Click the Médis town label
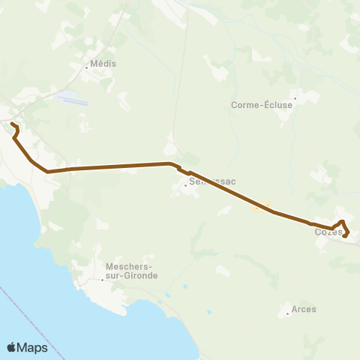pyautogui.click(x=103, y=64)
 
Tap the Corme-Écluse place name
pyautogui.click(x=262, y=105)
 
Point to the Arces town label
pyautogui.click(x=305, y=309)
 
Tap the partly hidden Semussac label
pyautogui.click(x=206, y=181)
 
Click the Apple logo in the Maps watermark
pyautogui.click(x=12, y=346)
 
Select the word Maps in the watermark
pyautogui.click(x=32, y=347)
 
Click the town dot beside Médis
pyautogui.click(x=87, y=68)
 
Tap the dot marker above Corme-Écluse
pyautogui.click(x=295, y=97)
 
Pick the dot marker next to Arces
pyautogui.click(x=288, y=313)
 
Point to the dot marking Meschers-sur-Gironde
pyautogui.click(x=103, y=280)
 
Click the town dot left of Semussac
pyautogui.click(x=185, y=185)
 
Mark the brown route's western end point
pyautogui.click(x=12, y=123)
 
